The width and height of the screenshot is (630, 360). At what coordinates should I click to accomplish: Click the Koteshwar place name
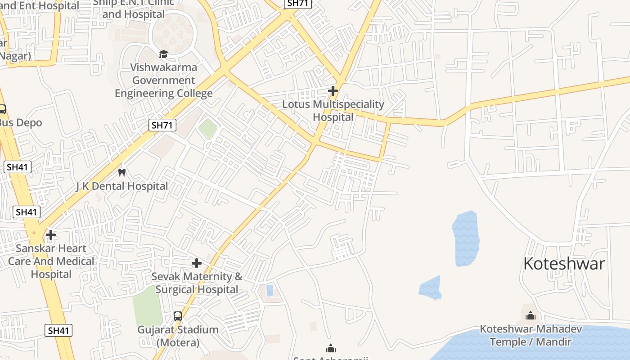point(564,264)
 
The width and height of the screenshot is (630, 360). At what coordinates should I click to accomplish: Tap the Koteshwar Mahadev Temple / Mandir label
point(531,335)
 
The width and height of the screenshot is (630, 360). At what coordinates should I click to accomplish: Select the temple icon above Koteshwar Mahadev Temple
point(531,315)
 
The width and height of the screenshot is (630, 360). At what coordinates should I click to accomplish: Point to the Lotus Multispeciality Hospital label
point(333,111)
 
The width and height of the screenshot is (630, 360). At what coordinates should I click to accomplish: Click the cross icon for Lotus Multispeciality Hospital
point(333,91)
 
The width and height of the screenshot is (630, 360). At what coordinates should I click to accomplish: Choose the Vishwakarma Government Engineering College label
point(164,81)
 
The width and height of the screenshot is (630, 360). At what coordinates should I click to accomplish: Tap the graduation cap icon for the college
point(163,54)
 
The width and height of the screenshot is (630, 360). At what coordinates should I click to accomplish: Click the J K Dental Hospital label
point(122,186)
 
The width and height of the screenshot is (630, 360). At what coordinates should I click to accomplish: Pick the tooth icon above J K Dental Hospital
point(122,172)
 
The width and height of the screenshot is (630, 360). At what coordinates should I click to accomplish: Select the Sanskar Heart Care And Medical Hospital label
point(51,261)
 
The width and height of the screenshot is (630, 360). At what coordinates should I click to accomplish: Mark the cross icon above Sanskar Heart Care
point(51,235)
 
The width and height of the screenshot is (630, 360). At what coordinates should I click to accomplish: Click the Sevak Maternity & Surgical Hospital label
point(197,283)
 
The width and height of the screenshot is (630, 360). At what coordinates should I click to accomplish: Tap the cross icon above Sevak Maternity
point(197,263)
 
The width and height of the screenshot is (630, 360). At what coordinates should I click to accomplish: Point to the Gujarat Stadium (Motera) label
point(178,336)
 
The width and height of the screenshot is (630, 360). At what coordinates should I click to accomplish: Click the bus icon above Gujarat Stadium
point(178,316)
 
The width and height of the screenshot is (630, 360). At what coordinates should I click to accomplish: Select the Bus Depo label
point(21,122)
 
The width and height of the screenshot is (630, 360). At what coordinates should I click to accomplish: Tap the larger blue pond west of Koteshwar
point(466,238)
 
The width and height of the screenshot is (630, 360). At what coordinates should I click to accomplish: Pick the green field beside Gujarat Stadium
point(147,306)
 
